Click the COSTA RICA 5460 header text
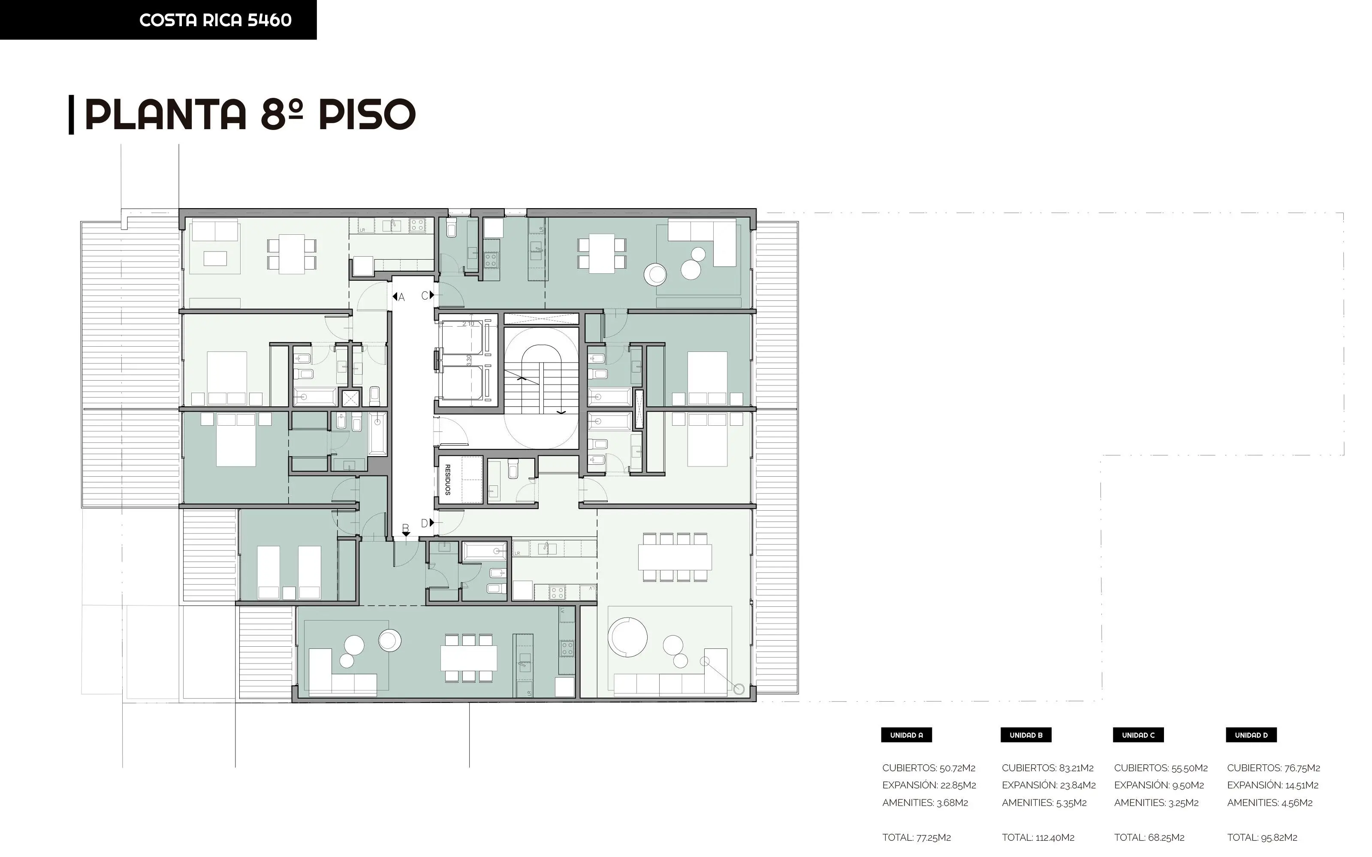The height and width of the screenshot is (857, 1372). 215,20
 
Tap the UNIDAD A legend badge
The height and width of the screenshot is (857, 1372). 906,735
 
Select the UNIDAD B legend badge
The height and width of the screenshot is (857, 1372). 1026,735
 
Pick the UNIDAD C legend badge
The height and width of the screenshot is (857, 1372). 1138,735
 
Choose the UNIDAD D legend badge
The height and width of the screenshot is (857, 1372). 1251,735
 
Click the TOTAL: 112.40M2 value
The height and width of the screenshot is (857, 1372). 1038,837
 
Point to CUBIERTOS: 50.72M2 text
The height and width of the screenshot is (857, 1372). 929,768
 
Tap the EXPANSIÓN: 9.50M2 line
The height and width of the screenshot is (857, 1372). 1159,785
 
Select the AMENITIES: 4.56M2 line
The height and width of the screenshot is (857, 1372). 1269,802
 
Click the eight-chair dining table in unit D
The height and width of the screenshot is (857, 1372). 675,557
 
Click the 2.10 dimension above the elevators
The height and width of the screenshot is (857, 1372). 468,324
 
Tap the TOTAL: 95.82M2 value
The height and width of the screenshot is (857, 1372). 1262,837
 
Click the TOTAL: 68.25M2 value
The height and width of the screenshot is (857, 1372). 1149,837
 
